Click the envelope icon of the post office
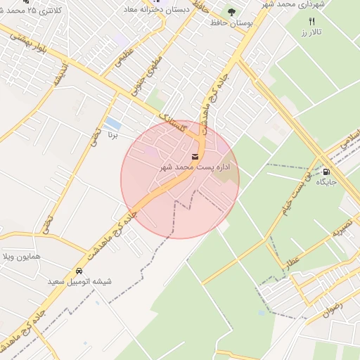click(195, 155)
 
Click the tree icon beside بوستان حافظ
click(231, 12)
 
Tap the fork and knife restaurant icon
click(312, 21)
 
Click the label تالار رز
click(309, 32)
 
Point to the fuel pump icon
click(326, 171)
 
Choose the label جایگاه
click(326, 182)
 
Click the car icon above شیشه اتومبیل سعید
click(79, 271)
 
